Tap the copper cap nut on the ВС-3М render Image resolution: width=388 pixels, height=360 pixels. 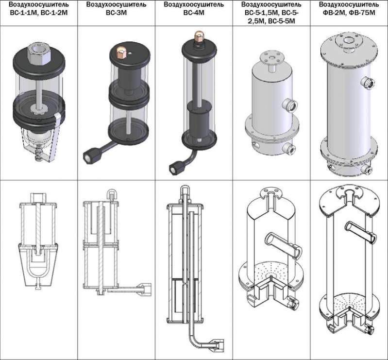pos(121,53)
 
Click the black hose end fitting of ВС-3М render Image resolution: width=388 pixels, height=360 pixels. pos(89,156)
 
